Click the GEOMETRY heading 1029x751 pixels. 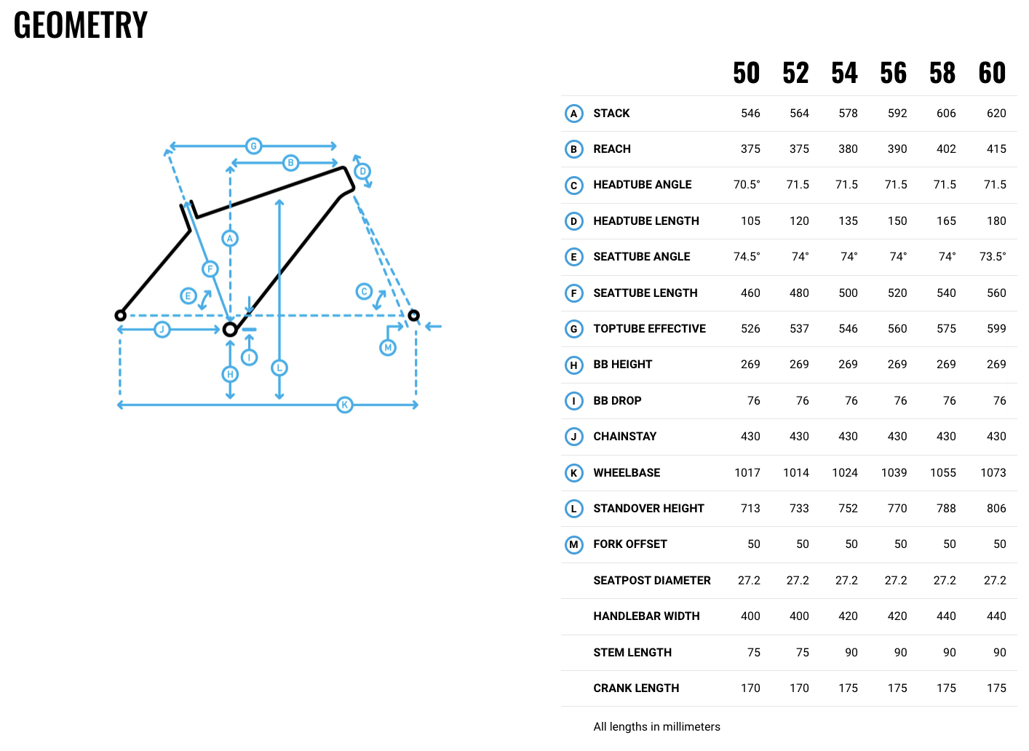click(81, 25)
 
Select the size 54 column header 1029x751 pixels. click(844, 73)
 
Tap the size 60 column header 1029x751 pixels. click(992, 73)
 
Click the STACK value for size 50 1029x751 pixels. click(750, 114)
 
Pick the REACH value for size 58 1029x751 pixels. click(946, 149)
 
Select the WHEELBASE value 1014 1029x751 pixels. click(796, 473)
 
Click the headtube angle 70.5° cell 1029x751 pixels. click(747, 185)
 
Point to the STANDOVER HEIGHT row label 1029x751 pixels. click(648, 509)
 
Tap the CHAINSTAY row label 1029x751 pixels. click(624, 437)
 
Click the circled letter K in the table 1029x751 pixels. click(573, 473)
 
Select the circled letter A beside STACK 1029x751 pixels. click(573, 114)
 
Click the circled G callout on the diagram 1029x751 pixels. click(253, 146)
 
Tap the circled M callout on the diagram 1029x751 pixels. click(388, 348)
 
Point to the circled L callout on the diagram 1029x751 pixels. click(279, 367)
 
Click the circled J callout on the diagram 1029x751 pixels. click(162, 330)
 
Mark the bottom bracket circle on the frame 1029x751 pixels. click(230, 330)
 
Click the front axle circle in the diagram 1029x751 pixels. click(413, 315)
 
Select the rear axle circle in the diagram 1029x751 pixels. click(121, 315)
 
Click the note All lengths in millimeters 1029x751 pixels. click(656, 727)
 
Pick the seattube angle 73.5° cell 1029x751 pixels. click(993, 257)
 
